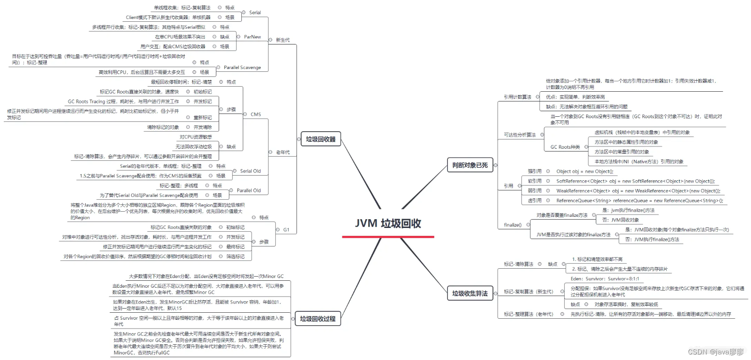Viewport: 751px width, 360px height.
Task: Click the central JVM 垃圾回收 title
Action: click(388, 224)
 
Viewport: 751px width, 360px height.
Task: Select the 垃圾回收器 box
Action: click(321, 139)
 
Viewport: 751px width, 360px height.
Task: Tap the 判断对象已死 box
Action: click(470, 165)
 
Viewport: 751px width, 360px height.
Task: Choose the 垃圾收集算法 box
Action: click(470, 293)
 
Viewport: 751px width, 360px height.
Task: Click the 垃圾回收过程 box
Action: click(317, 319)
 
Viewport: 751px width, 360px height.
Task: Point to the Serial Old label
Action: click(250, 171)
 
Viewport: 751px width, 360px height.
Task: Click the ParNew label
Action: click(252, 37)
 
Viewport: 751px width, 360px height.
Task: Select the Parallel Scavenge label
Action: click(242, 68)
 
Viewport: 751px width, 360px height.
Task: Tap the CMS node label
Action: click(256, 114)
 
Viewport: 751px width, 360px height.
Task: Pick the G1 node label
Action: click(286, 230)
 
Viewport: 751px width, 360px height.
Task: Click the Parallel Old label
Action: click(248, 190)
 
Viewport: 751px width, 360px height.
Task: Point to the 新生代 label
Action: click(283, 40)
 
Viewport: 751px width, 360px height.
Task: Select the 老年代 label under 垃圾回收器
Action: click(283, 152)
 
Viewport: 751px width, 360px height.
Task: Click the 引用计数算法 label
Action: click(517, 97)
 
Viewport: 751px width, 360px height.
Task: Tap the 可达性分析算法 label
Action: click(520, 135)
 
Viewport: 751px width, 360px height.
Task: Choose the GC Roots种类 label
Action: click(565, 147)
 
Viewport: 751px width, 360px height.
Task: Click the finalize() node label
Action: click(512, 225)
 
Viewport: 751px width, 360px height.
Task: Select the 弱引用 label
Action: click(535, 191)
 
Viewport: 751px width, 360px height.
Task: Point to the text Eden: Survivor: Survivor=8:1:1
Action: click(605, 279)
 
